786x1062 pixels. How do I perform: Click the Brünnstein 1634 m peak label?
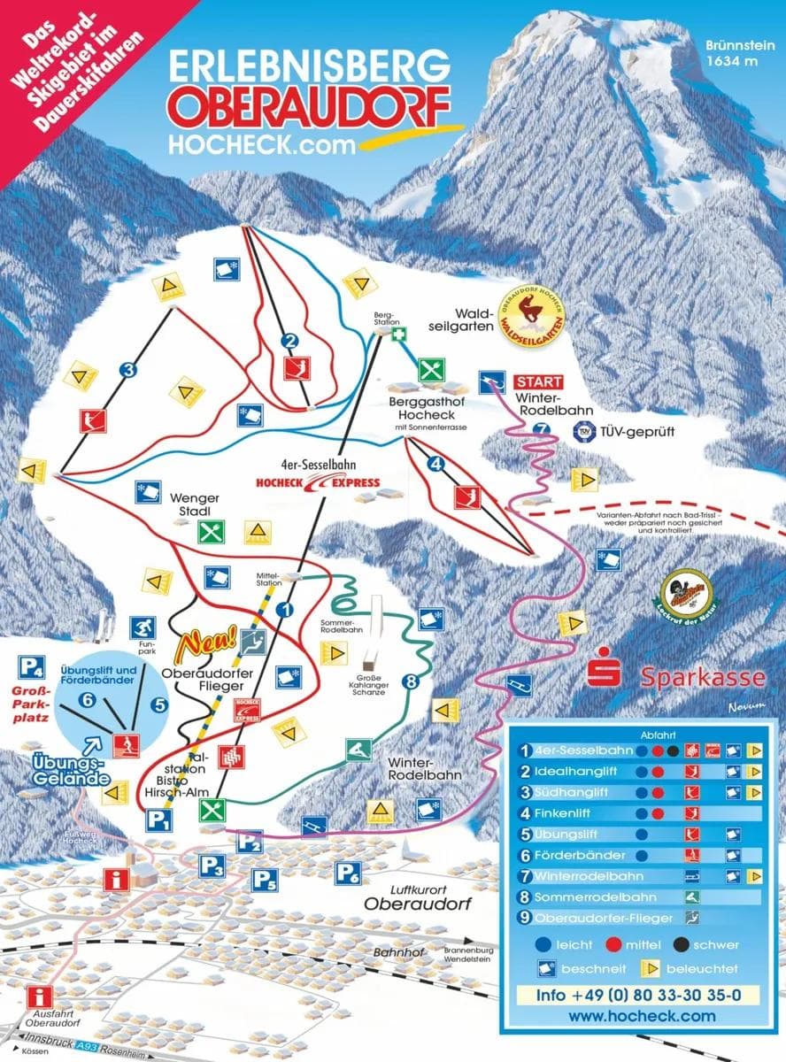734,53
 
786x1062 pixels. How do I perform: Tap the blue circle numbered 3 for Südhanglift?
129,370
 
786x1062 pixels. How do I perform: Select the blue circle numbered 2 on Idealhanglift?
288,341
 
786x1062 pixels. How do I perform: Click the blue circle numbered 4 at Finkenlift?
435,462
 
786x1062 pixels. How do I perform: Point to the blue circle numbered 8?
409,681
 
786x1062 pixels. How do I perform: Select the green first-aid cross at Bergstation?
400,335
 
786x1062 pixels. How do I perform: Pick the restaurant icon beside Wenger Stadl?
212,532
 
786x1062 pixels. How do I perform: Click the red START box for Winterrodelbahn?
538,381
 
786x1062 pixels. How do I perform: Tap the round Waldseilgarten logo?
533,313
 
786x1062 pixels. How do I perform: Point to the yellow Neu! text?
206,643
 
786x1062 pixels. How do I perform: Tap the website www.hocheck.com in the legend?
641,1016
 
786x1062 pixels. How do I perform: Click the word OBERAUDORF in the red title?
310,106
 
